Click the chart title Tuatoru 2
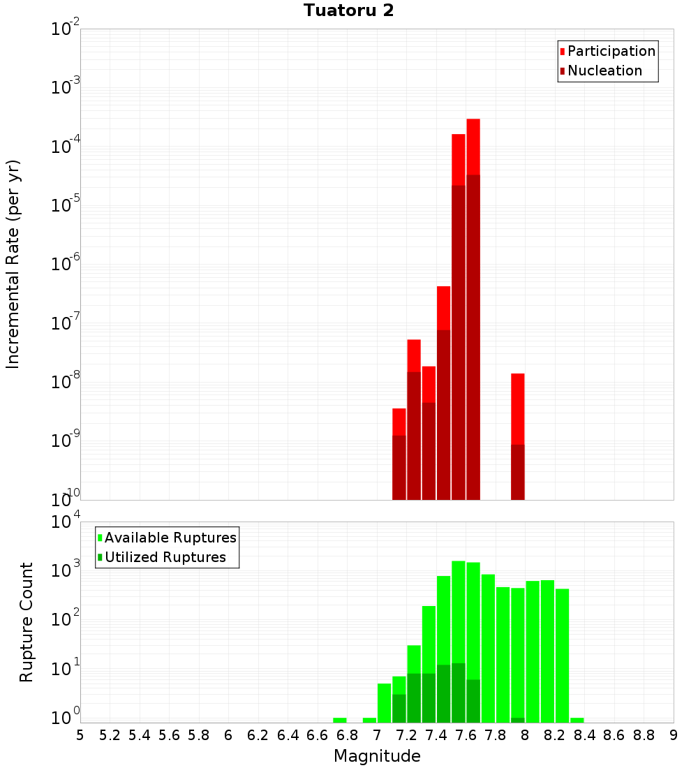tap(348, 10)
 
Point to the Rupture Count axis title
tap(27, 621)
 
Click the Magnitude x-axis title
tap(377, 756)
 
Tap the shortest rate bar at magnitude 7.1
tap(399, 454)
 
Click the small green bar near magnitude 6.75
tap(340, 720)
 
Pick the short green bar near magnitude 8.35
tap(577, 720)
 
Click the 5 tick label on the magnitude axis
tap(80, 734)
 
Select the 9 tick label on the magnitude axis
tap(673, 734)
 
